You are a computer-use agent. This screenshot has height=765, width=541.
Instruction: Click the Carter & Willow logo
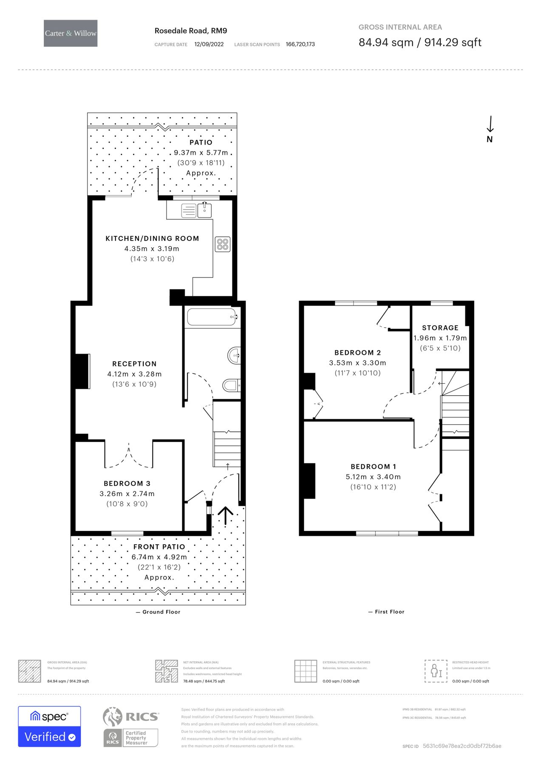click(x=71, y=33)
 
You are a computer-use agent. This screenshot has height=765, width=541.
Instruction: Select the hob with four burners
click(x=223, y=244)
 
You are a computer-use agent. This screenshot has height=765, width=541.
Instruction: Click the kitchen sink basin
click(x=205, y=210)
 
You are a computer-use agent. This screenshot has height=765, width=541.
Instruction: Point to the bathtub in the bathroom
click(x=211, y=317)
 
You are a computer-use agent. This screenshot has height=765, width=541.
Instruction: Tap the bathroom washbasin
click(x=234, y=355)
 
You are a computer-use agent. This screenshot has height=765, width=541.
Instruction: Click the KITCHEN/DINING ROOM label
click(x=152, y=238)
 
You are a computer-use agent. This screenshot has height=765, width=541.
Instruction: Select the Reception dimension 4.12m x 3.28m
click(x=134, y=374)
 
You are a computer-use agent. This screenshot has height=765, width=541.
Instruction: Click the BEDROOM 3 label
click(x=127, y=483)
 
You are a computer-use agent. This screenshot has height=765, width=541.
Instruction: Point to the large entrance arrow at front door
click(x=226, y=516)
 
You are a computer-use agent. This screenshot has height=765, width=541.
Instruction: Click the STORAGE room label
click(x=440, y=328)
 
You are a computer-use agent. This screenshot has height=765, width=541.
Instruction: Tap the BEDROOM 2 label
click(x=357, y=352)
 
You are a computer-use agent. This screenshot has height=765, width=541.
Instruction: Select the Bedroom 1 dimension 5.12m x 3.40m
click(x=373, y=477)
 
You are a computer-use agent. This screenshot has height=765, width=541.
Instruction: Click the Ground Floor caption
click(x=158, y=612)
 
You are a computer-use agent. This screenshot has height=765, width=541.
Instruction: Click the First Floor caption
click(x=386, y=612)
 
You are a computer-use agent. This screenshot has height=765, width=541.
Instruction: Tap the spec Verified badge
click(x=49, y=727)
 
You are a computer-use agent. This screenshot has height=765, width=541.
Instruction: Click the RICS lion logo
click(x=113, y=717)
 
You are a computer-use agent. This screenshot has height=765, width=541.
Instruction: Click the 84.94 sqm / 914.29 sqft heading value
click(x=420, y=42)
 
